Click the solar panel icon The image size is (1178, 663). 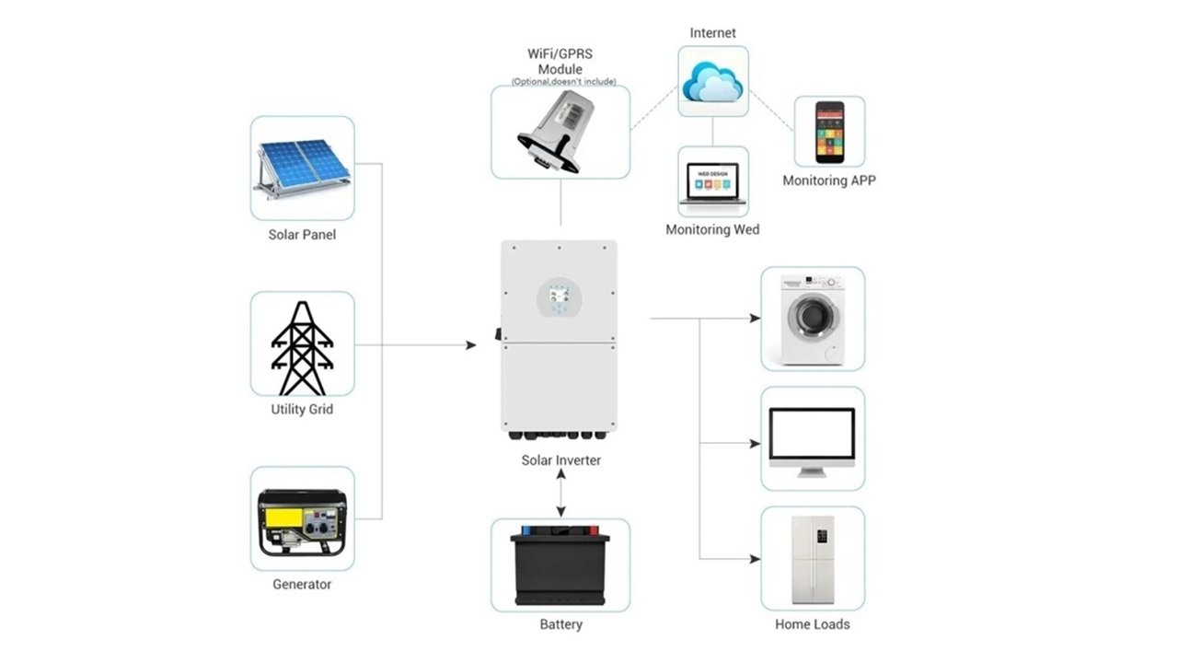(x=302, y=169)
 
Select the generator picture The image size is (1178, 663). (x=302, y=521)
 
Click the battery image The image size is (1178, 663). (x=560, y=564)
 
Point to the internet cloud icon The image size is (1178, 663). (x=712, y=82)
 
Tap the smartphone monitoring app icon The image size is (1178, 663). (x=829, y=132)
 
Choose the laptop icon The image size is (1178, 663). (x=713, y=184)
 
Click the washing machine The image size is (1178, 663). (x=812, y=319)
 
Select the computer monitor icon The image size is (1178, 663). (x=812, y=441)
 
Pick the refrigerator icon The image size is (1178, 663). (x=813, y=559)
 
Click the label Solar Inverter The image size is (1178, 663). (x=560, y=459)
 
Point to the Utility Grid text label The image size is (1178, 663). (x=302, y=409)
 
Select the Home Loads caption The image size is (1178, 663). (x=813, y=624)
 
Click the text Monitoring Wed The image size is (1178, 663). (x=712, y=229)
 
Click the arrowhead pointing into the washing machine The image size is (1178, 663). (x=755, y=319)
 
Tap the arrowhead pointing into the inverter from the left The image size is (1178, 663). (x=470, y=345)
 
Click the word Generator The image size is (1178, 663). (x=302, y=584)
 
